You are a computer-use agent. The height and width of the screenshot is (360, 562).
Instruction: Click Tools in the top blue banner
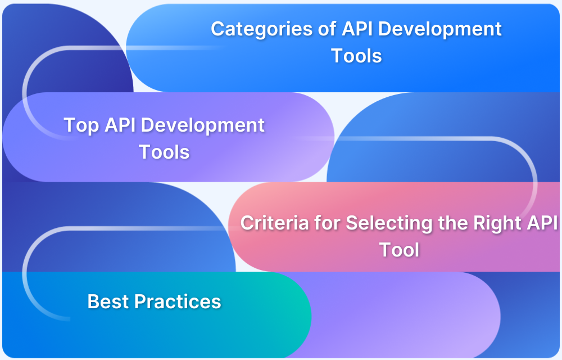[356, 56]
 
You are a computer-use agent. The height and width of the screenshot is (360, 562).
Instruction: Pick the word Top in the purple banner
[82, 125]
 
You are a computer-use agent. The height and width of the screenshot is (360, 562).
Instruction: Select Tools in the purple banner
[164, 151]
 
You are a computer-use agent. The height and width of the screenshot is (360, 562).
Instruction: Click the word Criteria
[275, 223]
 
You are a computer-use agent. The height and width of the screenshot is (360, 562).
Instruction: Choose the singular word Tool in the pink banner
[399, 249]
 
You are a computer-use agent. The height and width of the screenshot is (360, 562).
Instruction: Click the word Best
[108, 301]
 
